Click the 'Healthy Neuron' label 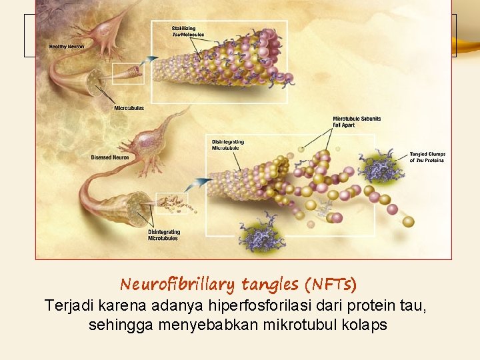click(x=67, y=47)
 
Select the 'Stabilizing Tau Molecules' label click(x=188, y=31)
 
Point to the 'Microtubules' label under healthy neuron click(x=129, y=108)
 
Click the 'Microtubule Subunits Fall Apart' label click(x=357, y=122)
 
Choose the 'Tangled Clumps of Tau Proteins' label click(x=427, y=157)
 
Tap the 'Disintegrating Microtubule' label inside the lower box click(x=228, y=145)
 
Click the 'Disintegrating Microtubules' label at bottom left click(x=163, y=235)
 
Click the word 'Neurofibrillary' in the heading click(x=177, y=285)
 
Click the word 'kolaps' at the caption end click(x=365, y=326)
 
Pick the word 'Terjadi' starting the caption click(x=68, y=306)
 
